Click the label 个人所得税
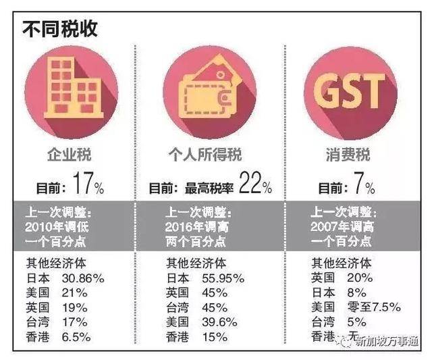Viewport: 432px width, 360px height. click(209, 155)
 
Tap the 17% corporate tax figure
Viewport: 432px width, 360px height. click(84, 185)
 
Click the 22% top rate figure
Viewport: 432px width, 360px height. click(254, 185)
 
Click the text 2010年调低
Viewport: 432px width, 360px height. click(61, 226)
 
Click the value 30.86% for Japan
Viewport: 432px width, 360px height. click(82, 278)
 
